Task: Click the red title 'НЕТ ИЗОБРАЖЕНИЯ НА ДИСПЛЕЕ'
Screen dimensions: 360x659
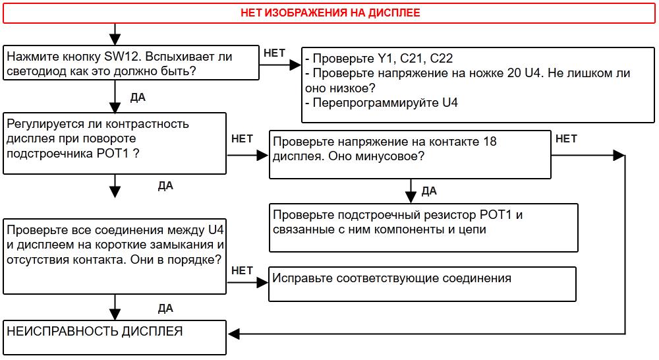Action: click(329, 13)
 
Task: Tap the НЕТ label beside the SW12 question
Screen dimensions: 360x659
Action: click(274, 53)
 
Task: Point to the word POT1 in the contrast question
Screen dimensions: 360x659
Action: click(113, 152)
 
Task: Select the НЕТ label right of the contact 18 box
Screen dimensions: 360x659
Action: click(566, 139)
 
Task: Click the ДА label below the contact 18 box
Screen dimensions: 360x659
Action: click(429, 191)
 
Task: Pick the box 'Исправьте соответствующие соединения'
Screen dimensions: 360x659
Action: click(422, 283)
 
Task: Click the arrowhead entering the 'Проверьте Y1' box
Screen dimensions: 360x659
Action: click(296, 65)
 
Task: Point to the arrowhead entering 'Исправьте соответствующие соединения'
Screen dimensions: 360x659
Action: click(263, 283)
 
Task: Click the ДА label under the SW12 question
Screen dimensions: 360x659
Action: click(138, 98)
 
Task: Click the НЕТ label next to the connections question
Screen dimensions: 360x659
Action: click(243, 270)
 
